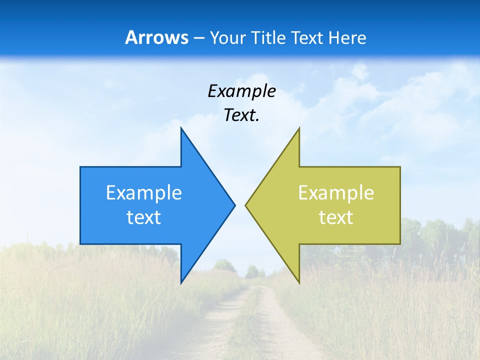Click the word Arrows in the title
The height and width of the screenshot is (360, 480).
[156, 37]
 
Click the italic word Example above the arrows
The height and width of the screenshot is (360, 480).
[242, 91]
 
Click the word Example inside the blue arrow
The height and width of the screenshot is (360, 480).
[144, 192]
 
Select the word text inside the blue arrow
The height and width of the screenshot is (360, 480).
[144, 217]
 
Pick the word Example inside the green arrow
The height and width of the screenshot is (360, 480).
[336, 192]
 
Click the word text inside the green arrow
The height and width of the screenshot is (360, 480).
[336, 217]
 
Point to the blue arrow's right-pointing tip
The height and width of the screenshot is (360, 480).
[234, 205]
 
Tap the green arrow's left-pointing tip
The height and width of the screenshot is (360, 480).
[245, 205]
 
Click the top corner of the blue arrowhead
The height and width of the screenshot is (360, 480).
[181, 128]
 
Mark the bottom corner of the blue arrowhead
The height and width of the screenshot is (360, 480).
[181, 283]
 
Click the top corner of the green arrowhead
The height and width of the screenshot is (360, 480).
[299, 128]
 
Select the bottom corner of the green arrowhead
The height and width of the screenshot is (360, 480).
[299, 283]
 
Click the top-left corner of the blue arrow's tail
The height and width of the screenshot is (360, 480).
[80, 167]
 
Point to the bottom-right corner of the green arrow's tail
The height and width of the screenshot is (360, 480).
[400, 243]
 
